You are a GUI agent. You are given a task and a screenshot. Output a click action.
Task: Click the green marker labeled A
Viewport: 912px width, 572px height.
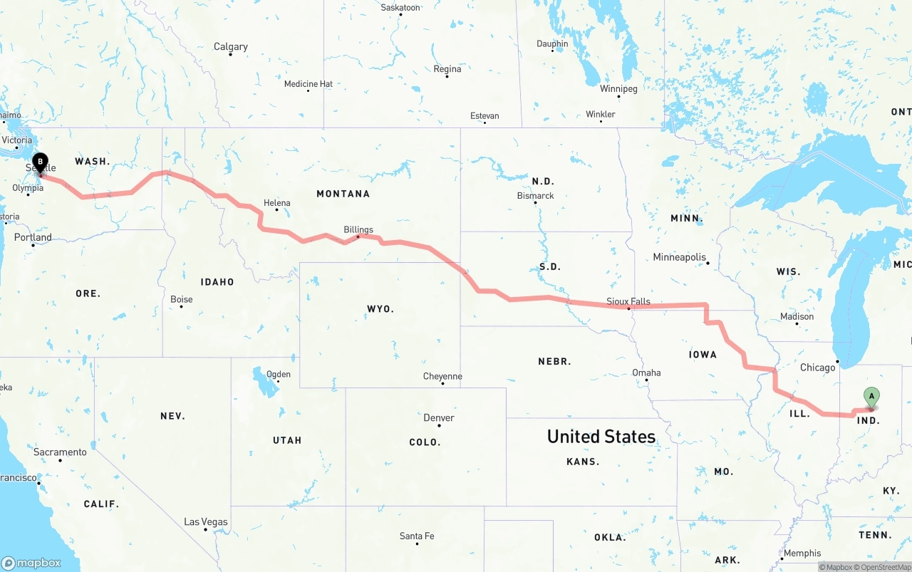pyautogui.click(x=871, y=397)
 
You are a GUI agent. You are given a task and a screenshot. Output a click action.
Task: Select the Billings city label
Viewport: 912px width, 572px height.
pyautogui.click(x=358, y=230)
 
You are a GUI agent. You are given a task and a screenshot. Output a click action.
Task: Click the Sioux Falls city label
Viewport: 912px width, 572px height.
pyautogui.click(x=628, y=301)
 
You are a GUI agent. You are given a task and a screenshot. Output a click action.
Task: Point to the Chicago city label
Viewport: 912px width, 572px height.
pyautogui.click(x=817, y=368)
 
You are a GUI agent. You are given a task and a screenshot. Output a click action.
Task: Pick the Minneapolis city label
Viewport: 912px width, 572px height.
pyautogui.click(x=680, y=257)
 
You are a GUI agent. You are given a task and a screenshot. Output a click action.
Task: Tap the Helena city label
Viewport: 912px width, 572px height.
pyautogui.click(x=277, y=203)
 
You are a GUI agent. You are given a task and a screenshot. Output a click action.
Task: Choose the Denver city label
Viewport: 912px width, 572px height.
pyautogui.click(x=439, y=418)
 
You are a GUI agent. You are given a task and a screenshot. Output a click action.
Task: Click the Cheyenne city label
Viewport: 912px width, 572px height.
pyautogui.click(x=442, y=376)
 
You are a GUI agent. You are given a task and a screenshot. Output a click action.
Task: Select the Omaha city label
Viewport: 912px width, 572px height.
pyautogui.click(x=646, y=373)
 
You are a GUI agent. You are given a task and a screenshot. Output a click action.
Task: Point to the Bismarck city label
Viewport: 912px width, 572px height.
pyautogui.click(x=535, y=196)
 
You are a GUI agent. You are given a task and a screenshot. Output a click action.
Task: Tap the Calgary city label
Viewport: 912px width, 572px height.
pyautogui.click(x=231, y=47)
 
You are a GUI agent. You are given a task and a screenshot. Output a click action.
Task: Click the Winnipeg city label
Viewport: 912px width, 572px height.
pyautogui.click(x=618, y=89)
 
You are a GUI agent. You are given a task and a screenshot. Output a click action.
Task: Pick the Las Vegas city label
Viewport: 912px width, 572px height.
pyautogui.click(x=206, y=522)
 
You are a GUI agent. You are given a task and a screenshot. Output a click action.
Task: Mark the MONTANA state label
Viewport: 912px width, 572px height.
pyautogui.click(x=343, y=194)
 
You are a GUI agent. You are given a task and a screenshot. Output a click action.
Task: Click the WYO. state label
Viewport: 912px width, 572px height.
pyautogui.click(x=379, y=309)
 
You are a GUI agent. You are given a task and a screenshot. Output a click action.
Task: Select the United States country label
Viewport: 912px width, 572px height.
pyautogui.click(x=601, y=437)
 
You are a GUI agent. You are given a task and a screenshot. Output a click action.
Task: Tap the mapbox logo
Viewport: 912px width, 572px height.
pyautogui.click(x=31, y=563)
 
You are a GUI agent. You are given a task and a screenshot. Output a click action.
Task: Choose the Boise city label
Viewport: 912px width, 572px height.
pyautogui.click(x=182, y=300)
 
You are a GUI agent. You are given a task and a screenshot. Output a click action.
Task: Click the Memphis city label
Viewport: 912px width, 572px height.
pyautogui.click(x=802, y=553)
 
